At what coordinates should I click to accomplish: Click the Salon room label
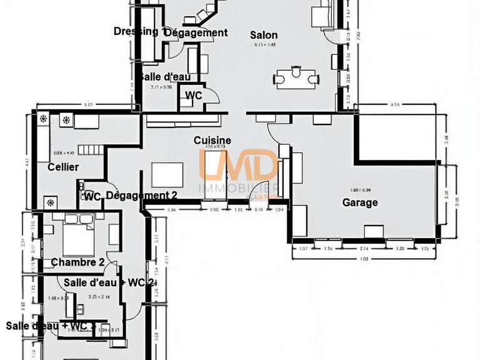click(x=264, y=35)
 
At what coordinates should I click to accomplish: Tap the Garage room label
click(x=360, y=202)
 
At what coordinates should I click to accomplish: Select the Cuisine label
click(x=212, y=141)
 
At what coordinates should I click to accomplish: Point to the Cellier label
click(x=63, y=167)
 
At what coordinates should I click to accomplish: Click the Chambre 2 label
click(x=77, y=262)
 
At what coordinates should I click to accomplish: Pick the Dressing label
click(x=136, y=31)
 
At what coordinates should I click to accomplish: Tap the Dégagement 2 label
click(x=142, y=195)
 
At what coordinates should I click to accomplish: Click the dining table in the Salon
click(x=296, y=77)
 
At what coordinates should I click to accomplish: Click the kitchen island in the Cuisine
click(x=167, y=175)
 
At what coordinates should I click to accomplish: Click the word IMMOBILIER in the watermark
click(x=237, y=188)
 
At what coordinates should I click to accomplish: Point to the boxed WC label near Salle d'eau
click(x=194, y=96)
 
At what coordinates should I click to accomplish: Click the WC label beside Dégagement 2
click(x=92, y=196)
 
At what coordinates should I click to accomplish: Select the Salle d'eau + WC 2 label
click(x=109, y=282)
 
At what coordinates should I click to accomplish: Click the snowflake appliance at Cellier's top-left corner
click(x=43, y=119)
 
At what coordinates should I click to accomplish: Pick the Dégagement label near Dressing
click(x=196, y=32)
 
